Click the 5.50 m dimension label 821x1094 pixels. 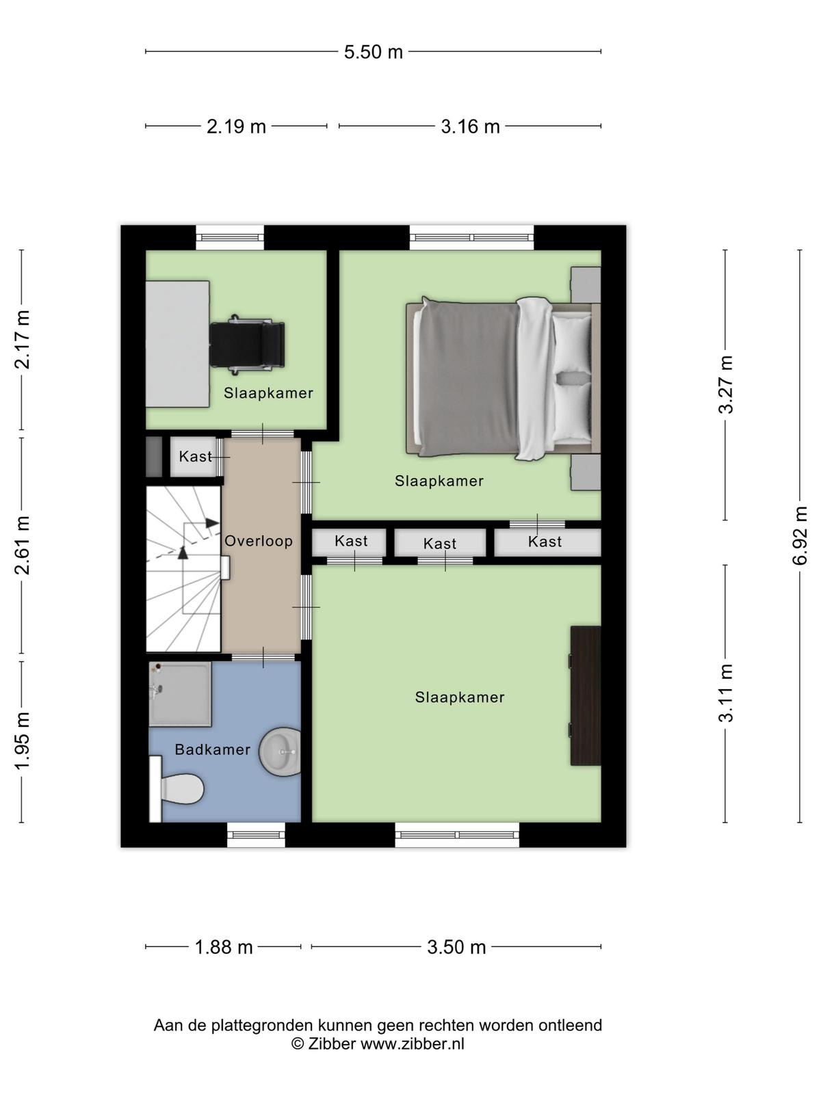click(x=373, y=52)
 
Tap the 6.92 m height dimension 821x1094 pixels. click(x=800, y=535)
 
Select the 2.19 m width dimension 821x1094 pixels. click(x=236, y=126)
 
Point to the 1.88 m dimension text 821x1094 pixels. click(x=223, y=947)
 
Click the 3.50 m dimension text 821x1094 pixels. click(x=456, y=947)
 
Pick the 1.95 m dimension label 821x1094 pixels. click(x=23, y=741)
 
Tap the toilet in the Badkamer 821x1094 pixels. click(x=177, y=789)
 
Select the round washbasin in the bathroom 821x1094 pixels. click(x=280, y=751)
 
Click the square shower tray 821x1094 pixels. click(x=181, y=694)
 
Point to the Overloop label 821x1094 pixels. click(x=258, y=541)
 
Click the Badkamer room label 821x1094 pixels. click(x=212, y=749)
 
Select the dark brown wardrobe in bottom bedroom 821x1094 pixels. click(x=586, y=696)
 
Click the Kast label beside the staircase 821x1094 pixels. click(x=195, y=456)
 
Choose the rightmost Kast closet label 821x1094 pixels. click(x=545, y=542)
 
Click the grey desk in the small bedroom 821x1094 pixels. click(x=177, y=344)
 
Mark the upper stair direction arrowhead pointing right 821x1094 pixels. click(x=212, y=523)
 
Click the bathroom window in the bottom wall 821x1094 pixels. click(x=256, y=834)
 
